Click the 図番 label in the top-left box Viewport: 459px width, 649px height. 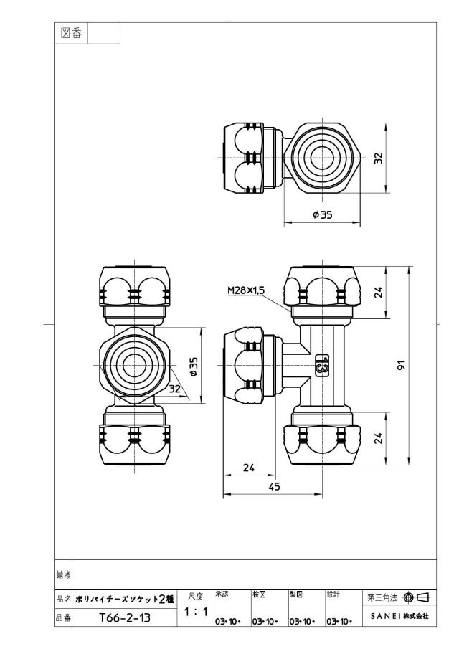[x=71, y=34]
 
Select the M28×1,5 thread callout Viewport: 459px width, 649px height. [x=246, y=290]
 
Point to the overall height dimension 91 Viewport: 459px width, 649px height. [x=401, y=365]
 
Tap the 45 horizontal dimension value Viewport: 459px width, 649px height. [x=274, y=486]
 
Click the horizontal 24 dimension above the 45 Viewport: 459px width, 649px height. [x=249, y=468]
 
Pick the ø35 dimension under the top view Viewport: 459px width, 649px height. [x=323, y=215]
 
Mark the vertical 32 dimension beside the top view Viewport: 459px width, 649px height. [x=379, y=158]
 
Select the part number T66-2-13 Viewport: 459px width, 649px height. [x=125, y=618]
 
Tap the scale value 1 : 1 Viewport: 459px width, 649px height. [x=195, y=612]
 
